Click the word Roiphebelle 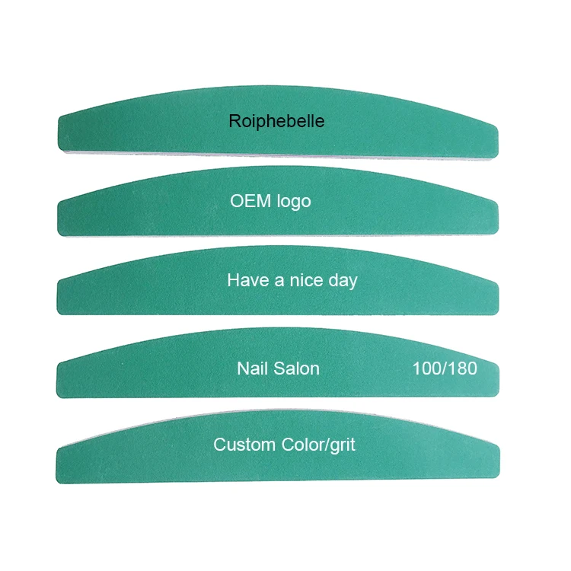(x=276, y=121)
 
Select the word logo (x=294, y=202)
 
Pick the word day (x=343, y=281)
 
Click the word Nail (x=253, y=368)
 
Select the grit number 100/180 (x=445, y=368)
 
